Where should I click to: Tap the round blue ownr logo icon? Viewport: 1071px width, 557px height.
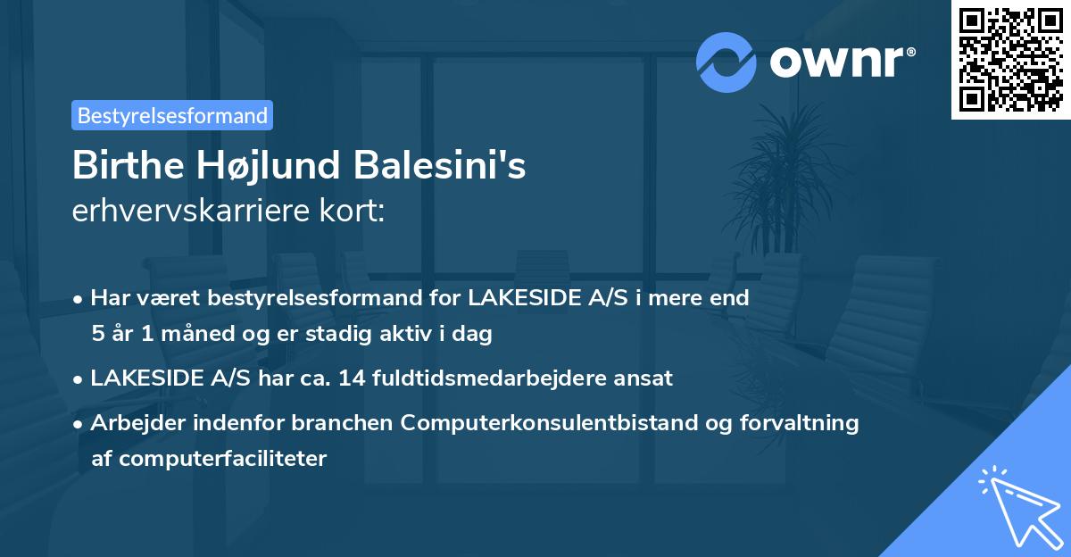pyautogui.click(x=726, y=62)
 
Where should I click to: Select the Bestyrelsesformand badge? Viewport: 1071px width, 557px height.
pyautogui.click(x=172, y=115)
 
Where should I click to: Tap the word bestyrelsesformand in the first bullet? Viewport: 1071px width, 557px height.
pyautogui.click(x=283, y=297)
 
